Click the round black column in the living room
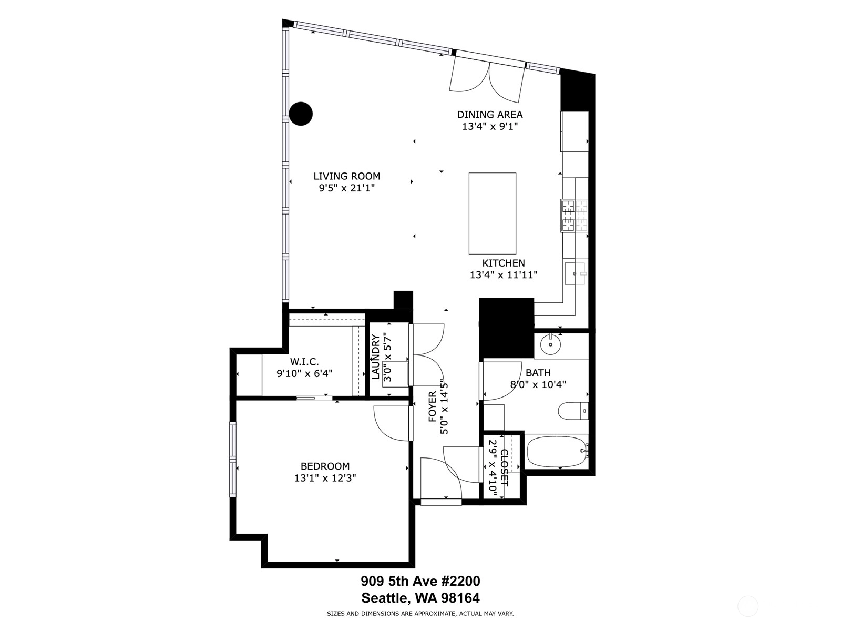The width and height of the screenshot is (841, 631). coord(300,114)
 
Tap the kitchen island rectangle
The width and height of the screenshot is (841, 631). coord(492,213)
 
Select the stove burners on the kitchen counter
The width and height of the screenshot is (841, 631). coord(574,216)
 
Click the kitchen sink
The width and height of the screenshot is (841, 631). coord(575,273)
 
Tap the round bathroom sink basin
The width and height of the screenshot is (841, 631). coord(550,344)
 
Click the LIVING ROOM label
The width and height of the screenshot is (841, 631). coord(347,176)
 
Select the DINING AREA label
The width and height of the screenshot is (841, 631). coord(490,114)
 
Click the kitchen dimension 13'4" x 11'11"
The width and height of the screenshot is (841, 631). coord(504,274)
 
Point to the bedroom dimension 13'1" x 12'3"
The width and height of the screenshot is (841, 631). coord(325,478)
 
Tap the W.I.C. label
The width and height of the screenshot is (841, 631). coord(304,361)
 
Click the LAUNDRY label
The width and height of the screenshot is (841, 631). coord(375,357)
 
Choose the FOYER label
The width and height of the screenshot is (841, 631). coord(432,406)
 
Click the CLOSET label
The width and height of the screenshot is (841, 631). coord(504,468)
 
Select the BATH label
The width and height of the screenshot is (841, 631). coord(538,372)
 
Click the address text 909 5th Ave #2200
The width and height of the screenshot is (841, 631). coord(420,581)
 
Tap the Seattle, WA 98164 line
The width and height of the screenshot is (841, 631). coord(420,598)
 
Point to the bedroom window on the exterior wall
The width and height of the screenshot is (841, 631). coord(232,459)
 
